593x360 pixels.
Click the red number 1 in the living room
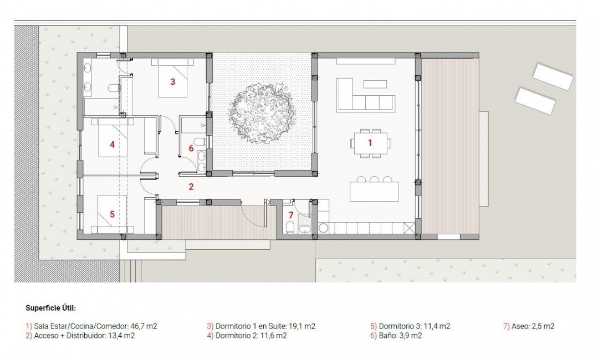[370, 142]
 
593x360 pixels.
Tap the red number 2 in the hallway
[191, 187]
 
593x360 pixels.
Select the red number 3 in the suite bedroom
[172, 82]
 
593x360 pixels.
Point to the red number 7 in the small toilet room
[290, 215]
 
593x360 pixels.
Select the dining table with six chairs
[370, 143]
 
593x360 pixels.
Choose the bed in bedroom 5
[113, 214]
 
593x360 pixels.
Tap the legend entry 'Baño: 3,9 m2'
[396, 336]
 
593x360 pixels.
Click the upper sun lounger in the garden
[553, 76]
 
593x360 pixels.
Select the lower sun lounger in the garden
[535, 100]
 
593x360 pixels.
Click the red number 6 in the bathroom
[191, 148]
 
